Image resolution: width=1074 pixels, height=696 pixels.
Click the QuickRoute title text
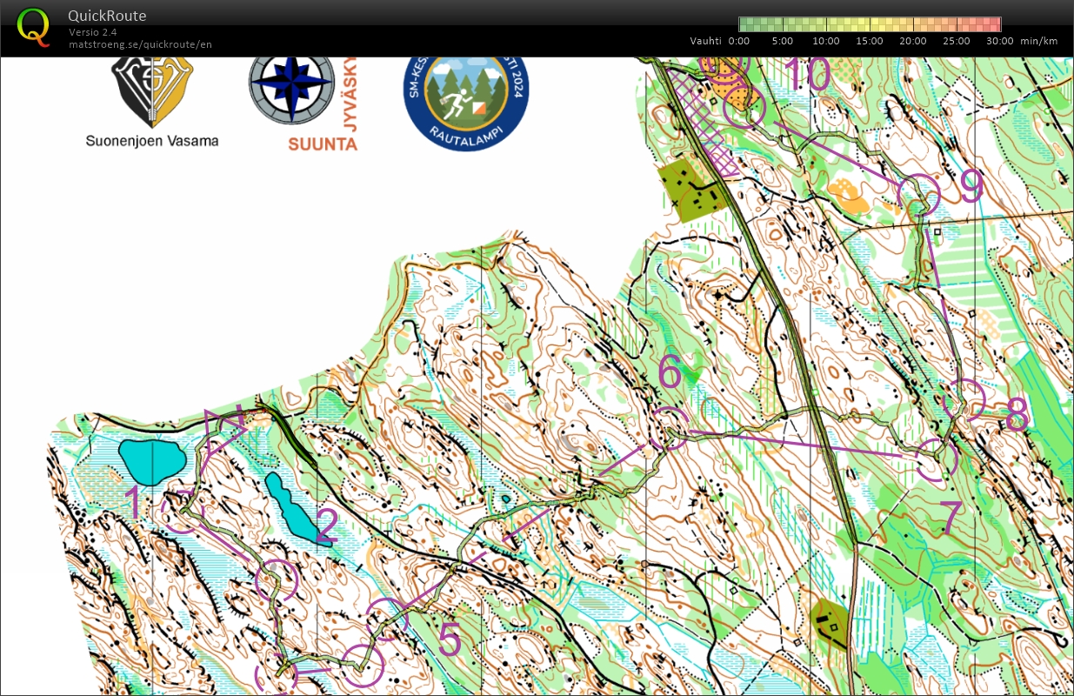point(107,16)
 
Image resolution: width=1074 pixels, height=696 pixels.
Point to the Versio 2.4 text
point(93,32)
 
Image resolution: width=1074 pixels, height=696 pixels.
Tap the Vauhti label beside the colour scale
point(706,41)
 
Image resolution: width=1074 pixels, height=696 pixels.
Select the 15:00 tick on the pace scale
point(870,41)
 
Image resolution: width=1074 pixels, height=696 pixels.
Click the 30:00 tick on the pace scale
point(999,41)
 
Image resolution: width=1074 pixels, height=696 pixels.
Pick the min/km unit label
point(1039,41)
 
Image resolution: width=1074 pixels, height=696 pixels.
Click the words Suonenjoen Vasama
point(152,141)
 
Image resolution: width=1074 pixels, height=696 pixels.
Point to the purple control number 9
point(971,185)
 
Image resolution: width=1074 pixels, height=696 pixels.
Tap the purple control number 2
point(326,525)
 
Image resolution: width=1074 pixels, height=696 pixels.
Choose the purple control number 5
point(449,640)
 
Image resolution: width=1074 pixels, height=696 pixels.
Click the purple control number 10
point(808,76)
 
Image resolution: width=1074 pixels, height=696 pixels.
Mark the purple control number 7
point(951,518)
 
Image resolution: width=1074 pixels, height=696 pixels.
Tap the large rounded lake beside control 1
point(151,461)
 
